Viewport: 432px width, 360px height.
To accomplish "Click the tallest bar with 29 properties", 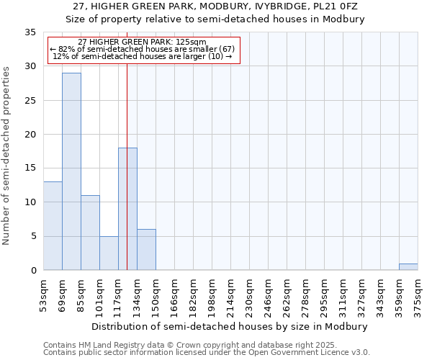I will pos(71,171).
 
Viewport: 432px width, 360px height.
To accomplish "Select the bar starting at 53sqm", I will pos(53,225).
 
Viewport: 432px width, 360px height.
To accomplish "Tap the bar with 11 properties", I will pos(90,233).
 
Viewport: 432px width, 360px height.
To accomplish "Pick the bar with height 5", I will pos(109,253).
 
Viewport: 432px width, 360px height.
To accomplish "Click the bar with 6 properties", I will pos(146,249).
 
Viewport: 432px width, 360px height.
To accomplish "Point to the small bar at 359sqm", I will pos(408,266).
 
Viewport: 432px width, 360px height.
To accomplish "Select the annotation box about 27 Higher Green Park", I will pos(143,50).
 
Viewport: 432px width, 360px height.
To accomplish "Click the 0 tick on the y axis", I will pos(33,270).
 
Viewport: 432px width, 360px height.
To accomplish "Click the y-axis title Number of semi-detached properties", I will pos(7,156).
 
